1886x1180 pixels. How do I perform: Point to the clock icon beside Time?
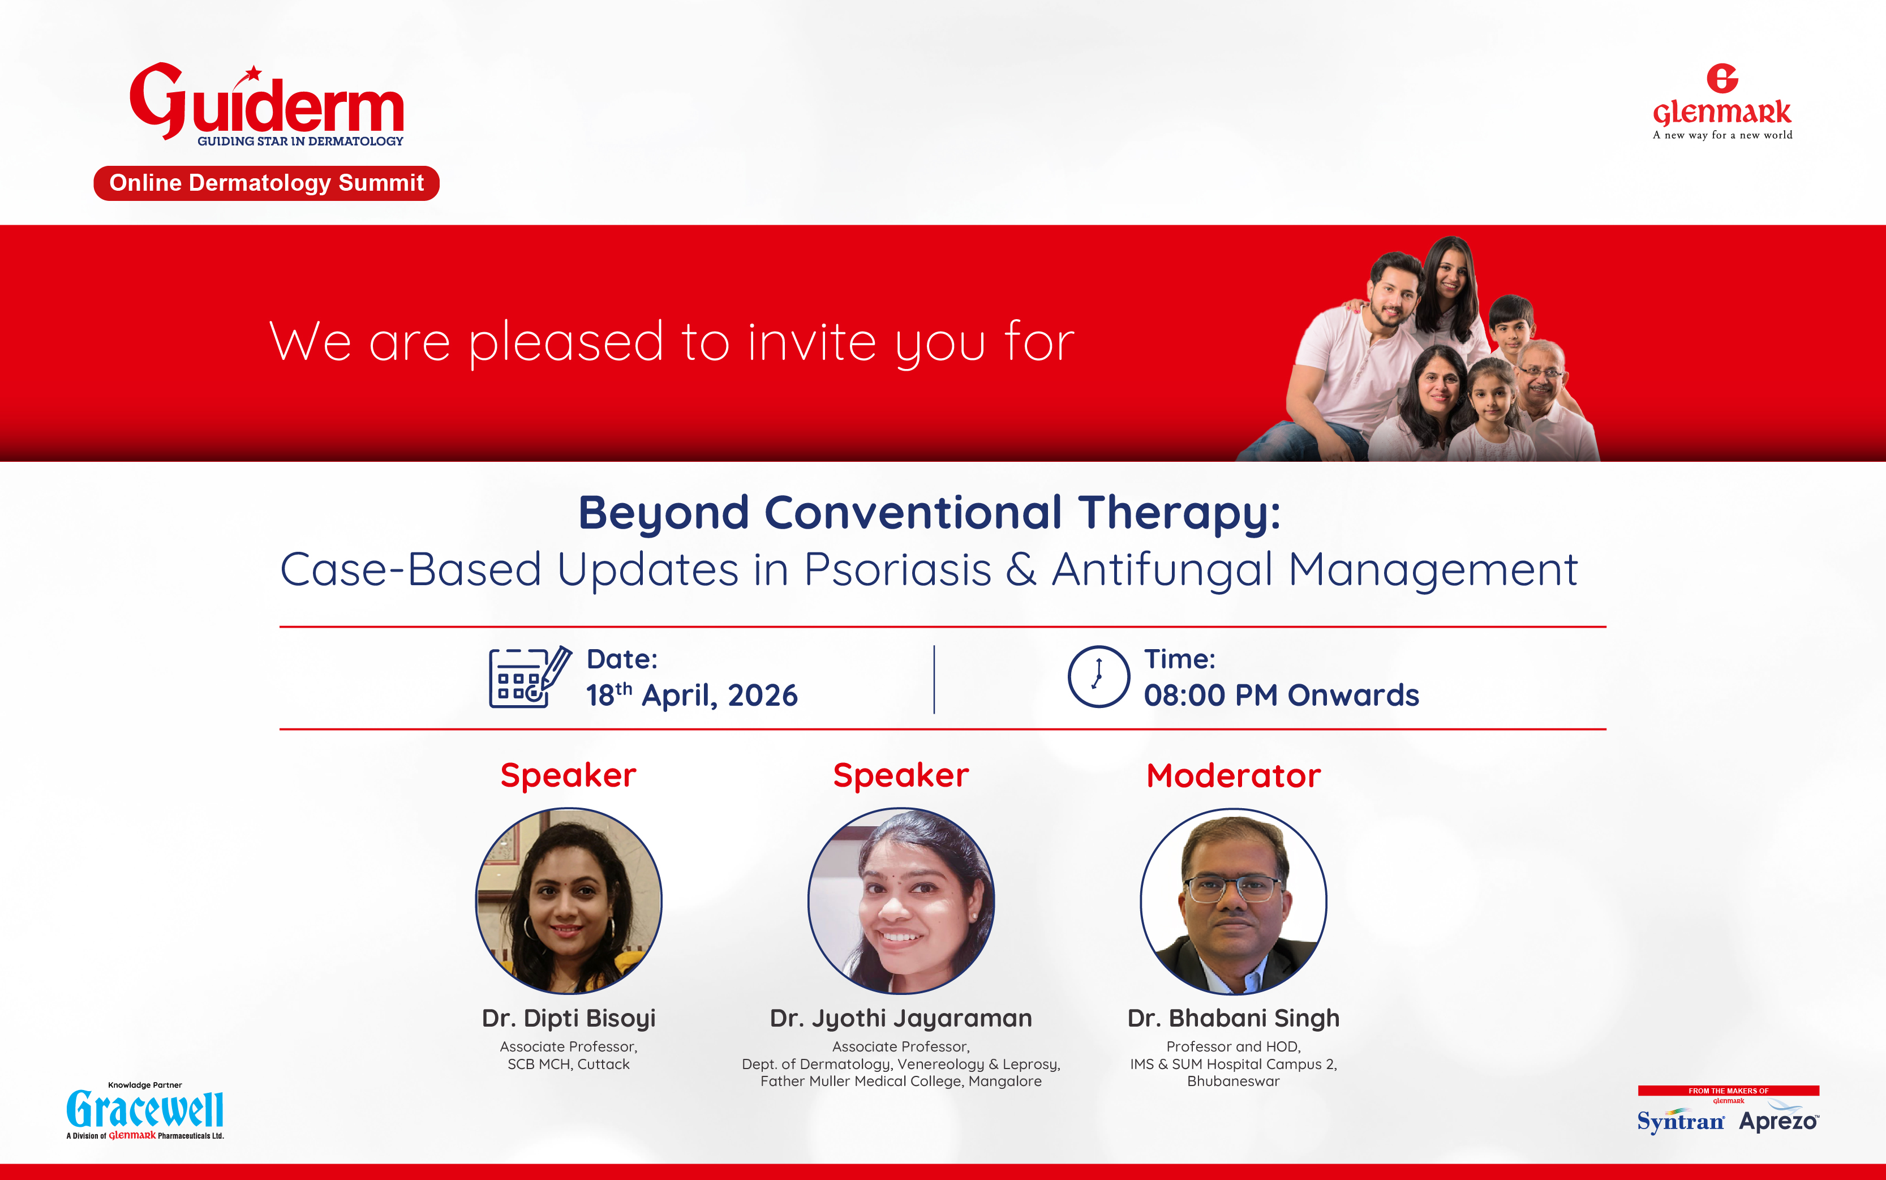pyautogui.click(x=1098, y=677)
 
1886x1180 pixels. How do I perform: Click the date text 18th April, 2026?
pyautogui.click(x=692, y=694)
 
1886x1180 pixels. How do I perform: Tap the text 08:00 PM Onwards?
pyautogui.click(x=1281, y=694)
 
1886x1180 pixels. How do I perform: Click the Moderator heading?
pyautogui.click(x=1234, y=776)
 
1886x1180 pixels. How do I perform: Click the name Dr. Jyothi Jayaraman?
pyautogui.click(x=901, y=1019)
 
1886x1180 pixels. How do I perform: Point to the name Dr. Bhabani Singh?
pyautogui.click(x=1234, y=1019)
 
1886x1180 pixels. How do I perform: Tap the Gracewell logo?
pyautogui.click(x=145, y=1110)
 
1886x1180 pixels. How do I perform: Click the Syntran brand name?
pyautogui.click(x=1681, y=1122)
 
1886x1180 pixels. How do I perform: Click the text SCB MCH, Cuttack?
pyautogui.click(x=569, y=1065)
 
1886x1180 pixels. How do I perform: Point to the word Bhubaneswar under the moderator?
pyautogui.click(x=1234, y=1082)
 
